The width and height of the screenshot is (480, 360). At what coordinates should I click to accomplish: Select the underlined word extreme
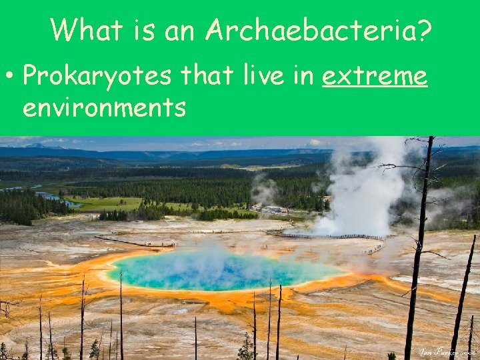click(374, 76)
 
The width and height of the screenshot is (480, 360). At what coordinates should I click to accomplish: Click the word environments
click(104, 107)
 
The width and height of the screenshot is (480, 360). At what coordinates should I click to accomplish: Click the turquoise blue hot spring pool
click(220, 270)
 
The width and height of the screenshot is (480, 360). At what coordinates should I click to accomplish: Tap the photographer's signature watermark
click(446, 351)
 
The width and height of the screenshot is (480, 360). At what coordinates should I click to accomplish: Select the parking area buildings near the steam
click(273, 209)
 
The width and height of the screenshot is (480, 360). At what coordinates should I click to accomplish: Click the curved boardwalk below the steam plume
click(327, 235)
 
